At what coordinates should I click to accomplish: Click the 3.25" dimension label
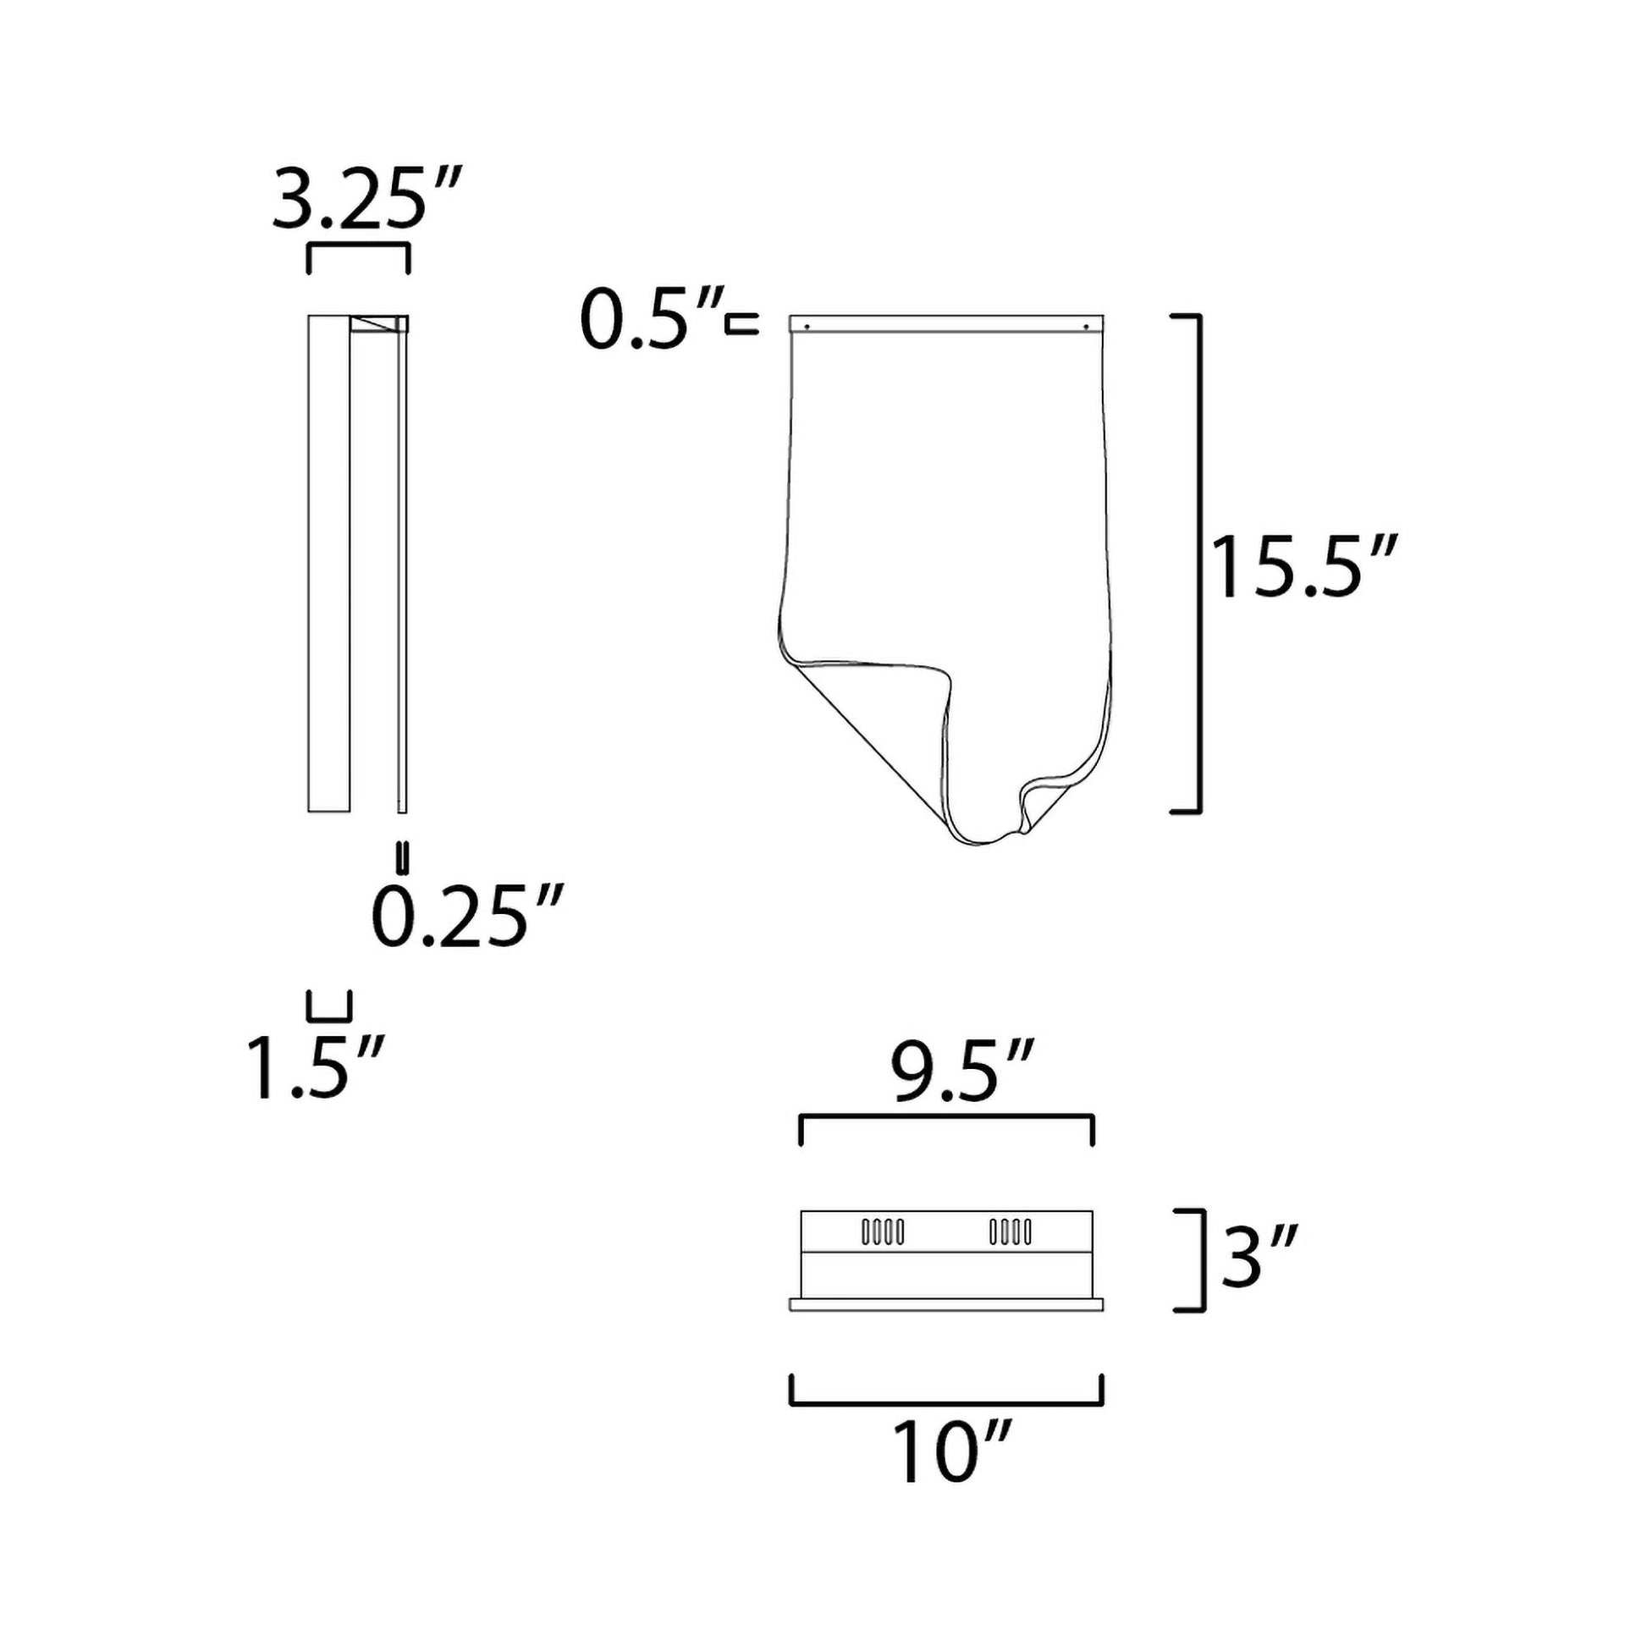coord(367,200)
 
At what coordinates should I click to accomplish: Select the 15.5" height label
coord(1304,567)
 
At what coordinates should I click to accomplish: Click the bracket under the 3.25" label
coord(358,246)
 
